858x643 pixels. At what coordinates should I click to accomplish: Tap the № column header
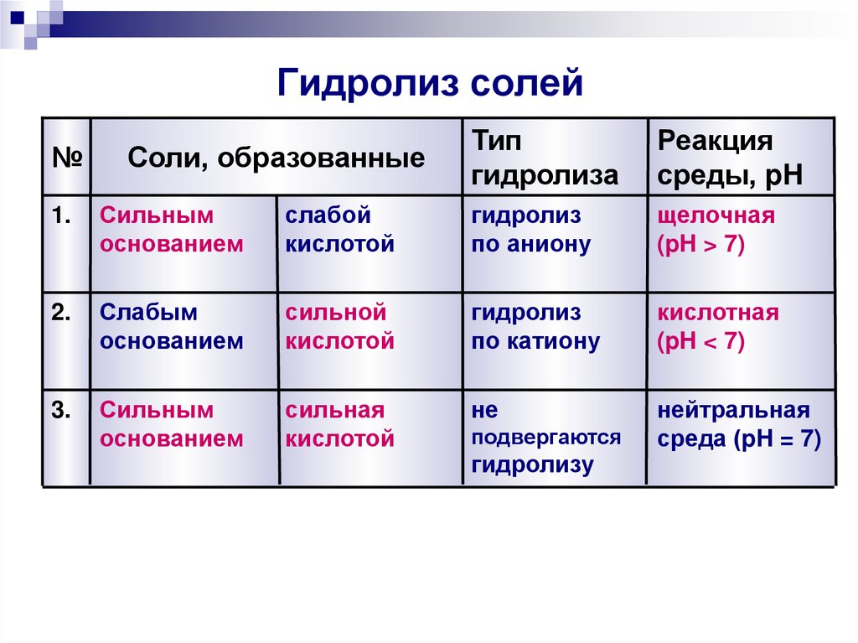point(65,158)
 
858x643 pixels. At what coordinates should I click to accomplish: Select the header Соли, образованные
point(276,158)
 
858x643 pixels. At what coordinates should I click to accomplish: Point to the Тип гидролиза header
point(545,158)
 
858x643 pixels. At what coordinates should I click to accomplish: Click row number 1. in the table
point(61,216)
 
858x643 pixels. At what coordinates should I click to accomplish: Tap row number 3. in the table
point(61,411)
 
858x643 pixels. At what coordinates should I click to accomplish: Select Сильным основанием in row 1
point(172,231)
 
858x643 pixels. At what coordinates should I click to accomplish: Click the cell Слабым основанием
point(172,328)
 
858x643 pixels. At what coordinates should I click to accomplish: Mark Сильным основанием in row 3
point(172,425)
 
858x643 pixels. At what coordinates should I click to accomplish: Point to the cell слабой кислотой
point(339,231)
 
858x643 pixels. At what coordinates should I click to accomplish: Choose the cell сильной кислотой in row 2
point(339,328)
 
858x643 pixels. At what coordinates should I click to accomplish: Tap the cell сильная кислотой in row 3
point(339,425)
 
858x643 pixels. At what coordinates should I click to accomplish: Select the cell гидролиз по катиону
point(535,328)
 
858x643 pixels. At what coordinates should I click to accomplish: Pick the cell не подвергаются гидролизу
point(545,438)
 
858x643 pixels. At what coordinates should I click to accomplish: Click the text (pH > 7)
point(701,246)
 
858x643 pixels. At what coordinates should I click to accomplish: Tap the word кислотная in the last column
point(718,314)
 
